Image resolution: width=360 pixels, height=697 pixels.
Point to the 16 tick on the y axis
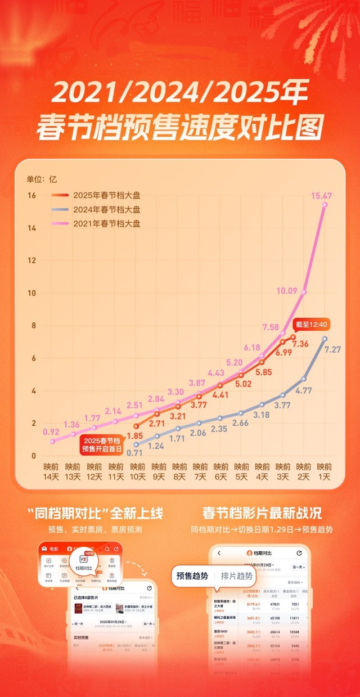point(32,195)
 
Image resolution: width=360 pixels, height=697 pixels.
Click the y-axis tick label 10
point(32,293)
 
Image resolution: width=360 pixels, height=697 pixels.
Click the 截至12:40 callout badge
point(311,325)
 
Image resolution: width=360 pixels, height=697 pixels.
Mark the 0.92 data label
point(52,432)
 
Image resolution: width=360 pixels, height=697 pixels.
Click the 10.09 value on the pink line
point(303,291)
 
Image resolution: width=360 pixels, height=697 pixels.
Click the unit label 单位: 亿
point(42,179)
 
